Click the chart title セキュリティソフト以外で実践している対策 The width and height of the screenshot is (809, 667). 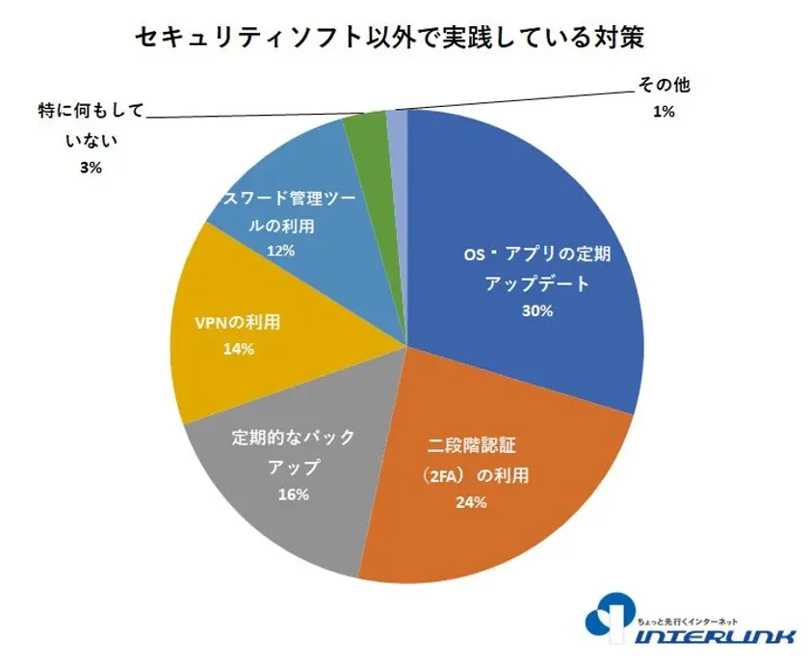click(x=404, y=39)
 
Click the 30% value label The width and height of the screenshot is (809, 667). click(x=537, y=311)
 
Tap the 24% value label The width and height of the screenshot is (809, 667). click(x=472, y=502)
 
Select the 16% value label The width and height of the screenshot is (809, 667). click(x=293, y=494)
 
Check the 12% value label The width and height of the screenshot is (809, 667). click(x=279, y=250)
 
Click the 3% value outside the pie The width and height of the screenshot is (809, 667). click(x=91, y=167)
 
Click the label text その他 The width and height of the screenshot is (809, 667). click(x=664, y=85)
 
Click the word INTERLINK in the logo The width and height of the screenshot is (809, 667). click(x=718, y=637)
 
